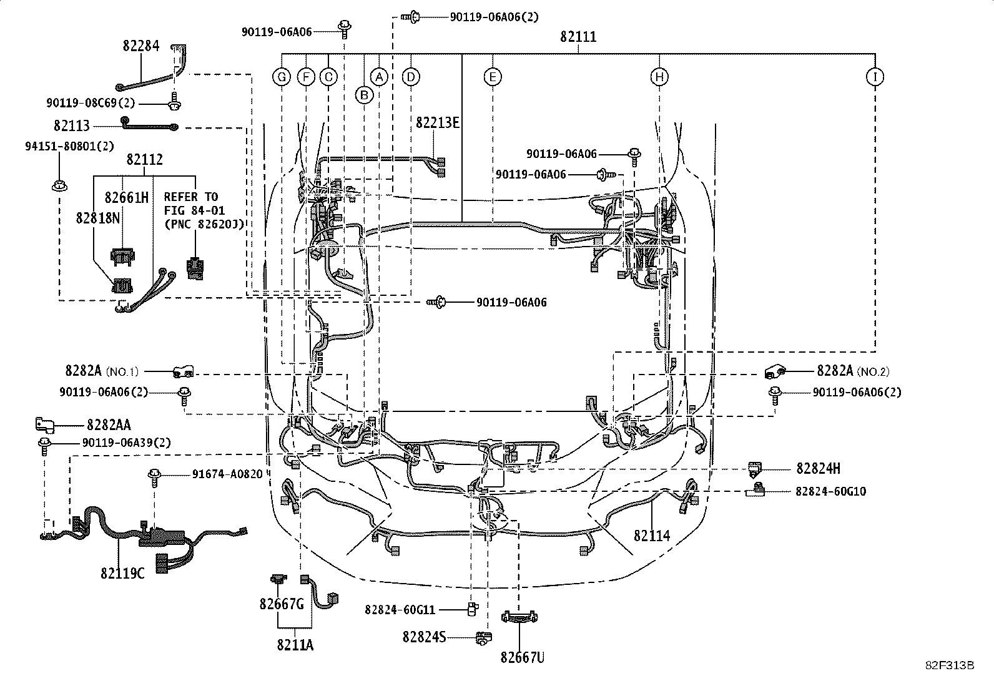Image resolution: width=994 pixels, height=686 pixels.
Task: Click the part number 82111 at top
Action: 578,37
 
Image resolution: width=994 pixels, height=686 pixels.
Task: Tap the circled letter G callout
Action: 282,77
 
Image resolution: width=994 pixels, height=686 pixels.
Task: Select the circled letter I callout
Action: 875,77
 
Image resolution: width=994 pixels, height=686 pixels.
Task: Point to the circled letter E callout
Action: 493,77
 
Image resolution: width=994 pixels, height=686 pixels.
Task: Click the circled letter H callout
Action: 659,77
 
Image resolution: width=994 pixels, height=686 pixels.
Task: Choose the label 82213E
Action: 438,122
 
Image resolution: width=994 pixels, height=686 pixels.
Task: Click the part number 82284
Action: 141,46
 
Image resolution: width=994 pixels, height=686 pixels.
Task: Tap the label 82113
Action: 72,126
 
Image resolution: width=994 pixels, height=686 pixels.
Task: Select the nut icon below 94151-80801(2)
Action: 59,185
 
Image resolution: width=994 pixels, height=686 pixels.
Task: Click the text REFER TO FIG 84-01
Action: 194,203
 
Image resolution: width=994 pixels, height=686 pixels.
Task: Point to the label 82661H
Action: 126,197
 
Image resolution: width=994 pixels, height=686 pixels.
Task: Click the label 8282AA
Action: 109,426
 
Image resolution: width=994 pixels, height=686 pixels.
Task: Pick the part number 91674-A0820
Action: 227,474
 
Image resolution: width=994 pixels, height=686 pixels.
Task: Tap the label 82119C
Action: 122,572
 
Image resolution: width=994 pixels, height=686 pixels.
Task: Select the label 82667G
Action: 282,604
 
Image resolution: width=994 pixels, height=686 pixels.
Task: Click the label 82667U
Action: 522,657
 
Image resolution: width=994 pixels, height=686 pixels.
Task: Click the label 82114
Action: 652,536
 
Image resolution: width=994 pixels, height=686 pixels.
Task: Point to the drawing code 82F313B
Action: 950,665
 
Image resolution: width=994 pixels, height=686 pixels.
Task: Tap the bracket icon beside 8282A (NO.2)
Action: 774,372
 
